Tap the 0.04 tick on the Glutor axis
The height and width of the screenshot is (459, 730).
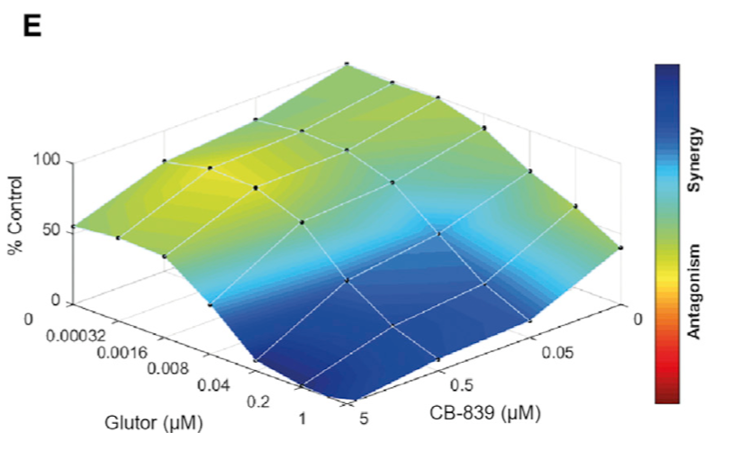pyautogui.click(x=213, y=384)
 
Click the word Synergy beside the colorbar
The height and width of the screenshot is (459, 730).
pyautogui.click(x=696, y=158)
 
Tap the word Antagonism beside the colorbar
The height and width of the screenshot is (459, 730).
pyautogui.click(x=696, y=290)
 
